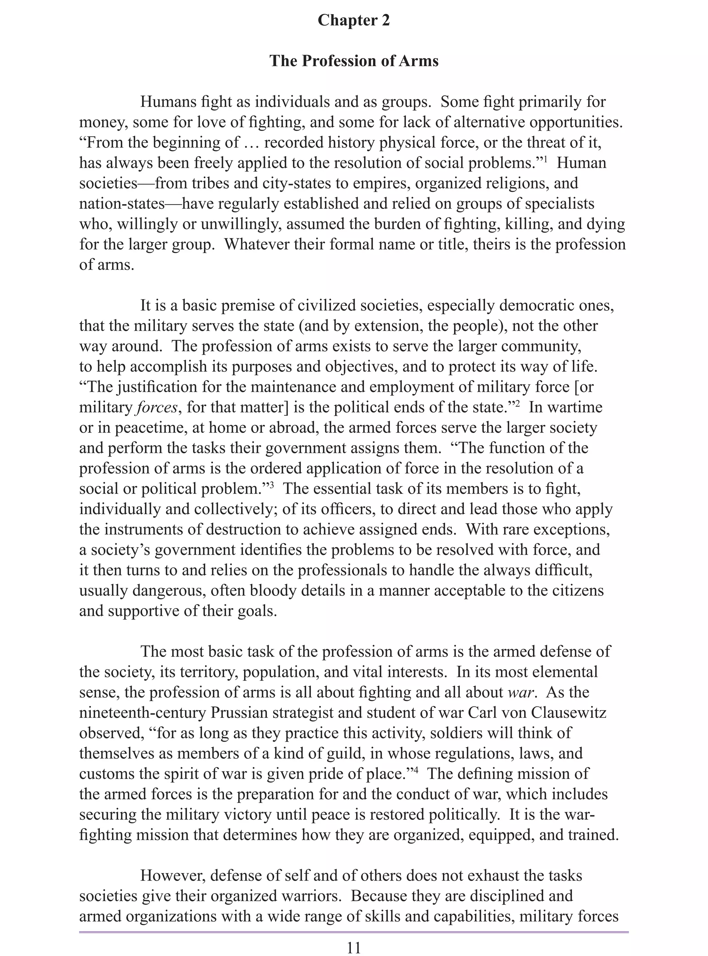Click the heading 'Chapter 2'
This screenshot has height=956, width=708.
354,20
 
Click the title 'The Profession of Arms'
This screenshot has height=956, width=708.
354,61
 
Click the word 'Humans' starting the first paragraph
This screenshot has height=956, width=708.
167,102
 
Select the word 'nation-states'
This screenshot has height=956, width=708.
122,204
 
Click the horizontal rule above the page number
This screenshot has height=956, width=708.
354,932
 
